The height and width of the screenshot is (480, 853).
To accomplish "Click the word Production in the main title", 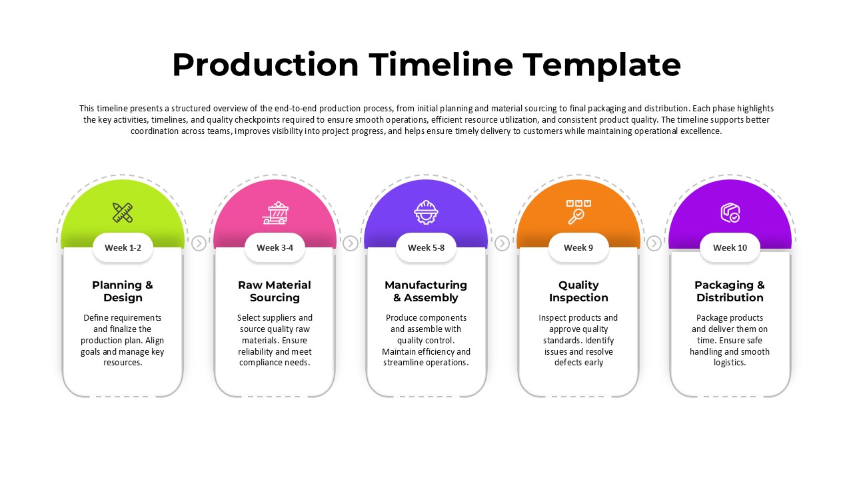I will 265,65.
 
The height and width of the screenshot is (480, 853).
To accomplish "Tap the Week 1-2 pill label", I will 123,247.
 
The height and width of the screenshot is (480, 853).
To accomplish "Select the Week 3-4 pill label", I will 275,247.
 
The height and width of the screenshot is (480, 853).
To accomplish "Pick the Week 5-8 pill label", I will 426,247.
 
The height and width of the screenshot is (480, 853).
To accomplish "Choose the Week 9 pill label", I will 578,247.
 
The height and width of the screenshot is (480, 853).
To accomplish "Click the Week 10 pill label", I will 730,247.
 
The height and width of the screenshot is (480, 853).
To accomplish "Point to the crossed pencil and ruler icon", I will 123,212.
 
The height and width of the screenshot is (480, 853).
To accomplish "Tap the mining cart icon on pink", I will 275,212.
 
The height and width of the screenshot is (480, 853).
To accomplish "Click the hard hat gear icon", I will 426,212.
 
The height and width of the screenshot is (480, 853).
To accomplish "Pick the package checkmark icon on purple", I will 730,213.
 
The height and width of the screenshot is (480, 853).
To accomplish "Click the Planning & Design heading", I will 123,291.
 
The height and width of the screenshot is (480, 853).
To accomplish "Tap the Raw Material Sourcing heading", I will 275,291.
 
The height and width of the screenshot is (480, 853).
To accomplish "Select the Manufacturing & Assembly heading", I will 426,291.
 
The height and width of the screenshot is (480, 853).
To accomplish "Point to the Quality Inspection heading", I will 578,291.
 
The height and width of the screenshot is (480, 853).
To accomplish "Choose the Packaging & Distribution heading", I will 730,291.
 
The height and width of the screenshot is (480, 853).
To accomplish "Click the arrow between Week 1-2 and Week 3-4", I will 199,243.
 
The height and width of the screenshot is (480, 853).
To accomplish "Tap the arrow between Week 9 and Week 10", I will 654,243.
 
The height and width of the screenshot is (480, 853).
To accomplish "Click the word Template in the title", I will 602,65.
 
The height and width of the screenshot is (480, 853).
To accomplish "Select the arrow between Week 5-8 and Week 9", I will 502,243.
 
